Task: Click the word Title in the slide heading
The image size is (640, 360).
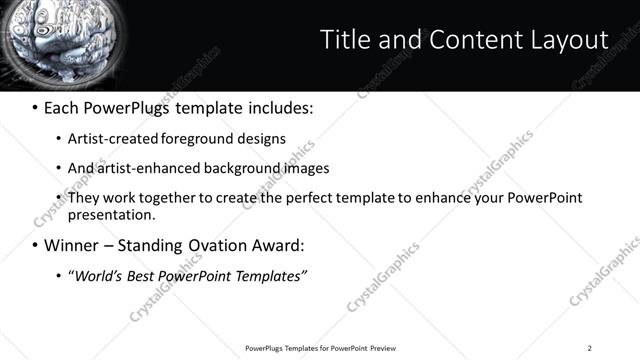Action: (343, 40)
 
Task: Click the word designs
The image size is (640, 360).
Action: (262, 139)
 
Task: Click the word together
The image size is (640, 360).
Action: (183, 198)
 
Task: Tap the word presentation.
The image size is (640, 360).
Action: (112, 214)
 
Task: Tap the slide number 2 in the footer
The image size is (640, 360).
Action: (590, 347)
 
